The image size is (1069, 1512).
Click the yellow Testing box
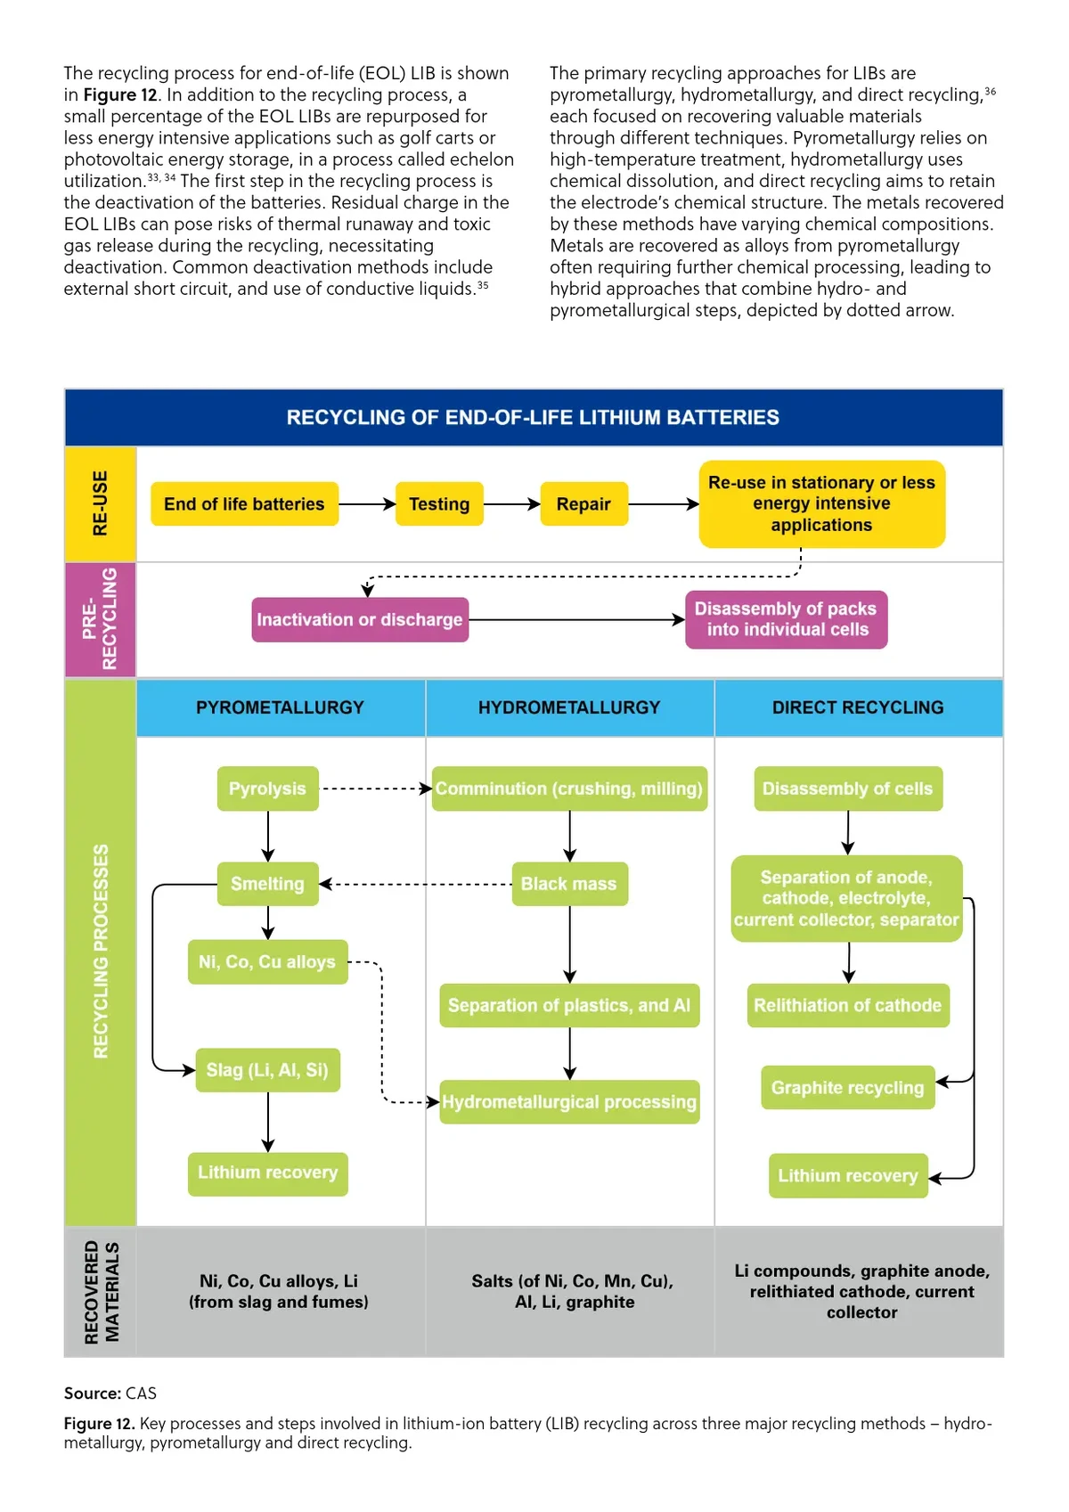point(439,504)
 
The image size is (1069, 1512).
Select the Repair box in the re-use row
point(583,504)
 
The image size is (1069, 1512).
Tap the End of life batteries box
point(244,504)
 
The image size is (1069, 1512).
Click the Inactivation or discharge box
point(360,619)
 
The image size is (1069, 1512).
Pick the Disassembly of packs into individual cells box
point(786,619)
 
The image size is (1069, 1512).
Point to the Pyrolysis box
point(267,789)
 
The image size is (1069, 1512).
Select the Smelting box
point(267,884)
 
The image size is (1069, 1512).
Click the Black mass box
point(569,884)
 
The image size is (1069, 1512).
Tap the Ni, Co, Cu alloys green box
point(267,962)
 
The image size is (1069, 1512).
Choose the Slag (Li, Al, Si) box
point(267,1070)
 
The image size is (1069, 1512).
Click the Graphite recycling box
point(847,1088)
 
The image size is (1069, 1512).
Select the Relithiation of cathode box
point(847,1006)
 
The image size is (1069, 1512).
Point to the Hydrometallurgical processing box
point(569,1102)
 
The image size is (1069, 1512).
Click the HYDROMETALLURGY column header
point(569,707)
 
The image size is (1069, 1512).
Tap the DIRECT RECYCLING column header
point(858,707)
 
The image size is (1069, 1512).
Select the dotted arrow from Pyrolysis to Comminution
point(374,789)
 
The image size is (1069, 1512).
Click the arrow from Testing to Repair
point(511,504)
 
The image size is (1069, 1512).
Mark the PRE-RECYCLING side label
point(100,619)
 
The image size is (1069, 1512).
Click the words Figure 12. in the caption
point(99,1424)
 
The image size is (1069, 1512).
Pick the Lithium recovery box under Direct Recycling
point(847,1176)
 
